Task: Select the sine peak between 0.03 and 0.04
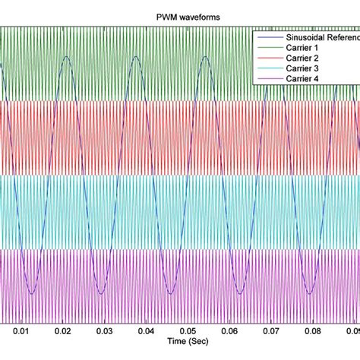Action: pos(134,57)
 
